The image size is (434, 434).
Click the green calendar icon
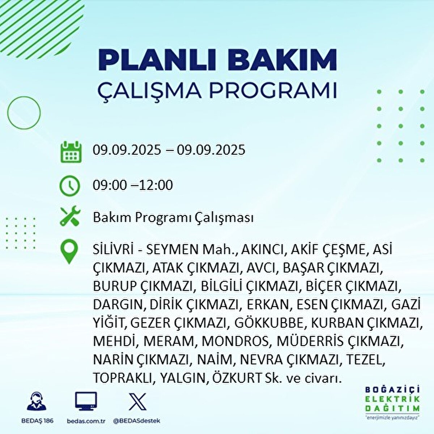click(x=70, y=152)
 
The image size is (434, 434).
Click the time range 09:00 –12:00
click(x=133, y=185)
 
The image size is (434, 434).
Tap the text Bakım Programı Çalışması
click(x=173, y=218)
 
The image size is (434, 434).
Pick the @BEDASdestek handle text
click(x=136, y=421)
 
